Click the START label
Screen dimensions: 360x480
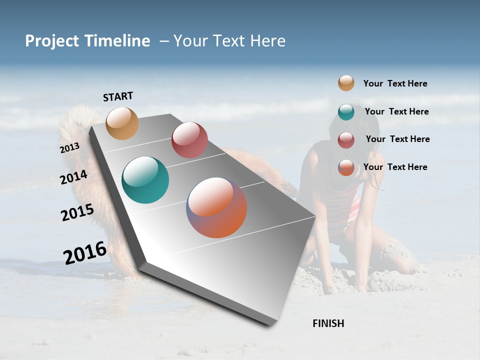(x=118, y=96)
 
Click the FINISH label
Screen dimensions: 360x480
(x=328, y=323)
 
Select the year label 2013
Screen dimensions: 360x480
(x=69, y=148)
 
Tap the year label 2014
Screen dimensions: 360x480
(x=73, y=177)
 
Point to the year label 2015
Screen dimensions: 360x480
(x=77, y=212)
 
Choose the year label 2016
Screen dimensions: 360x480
(x=84, y=252)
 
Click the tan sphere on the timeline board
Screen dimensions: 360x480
(x=122, y=123)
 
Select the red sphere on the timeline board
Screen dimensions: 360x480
(x=189, y=140)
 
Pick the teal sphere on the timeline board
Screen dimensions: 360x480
(x=145, y=180)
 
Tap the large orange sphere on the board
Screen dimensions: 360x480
(x=216, y=207)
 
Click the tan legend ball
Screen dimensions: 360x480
(x=346, y=83)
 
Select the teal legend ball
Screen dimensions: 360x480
(x=346, y=112)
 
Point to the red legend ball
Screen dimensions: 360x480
(x=346, y=140)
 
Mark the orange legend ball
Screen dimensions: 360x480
(x=346, y=167)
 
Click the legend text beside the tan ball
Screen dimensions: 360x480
(x=395, y=83)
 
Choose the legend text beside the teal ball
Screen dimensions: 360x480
(x=396, y=111)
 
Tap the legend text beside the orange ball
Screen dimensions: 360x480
(x=395, y=167)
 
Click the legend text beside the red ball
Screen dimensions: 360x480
(x=397, y=139)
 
